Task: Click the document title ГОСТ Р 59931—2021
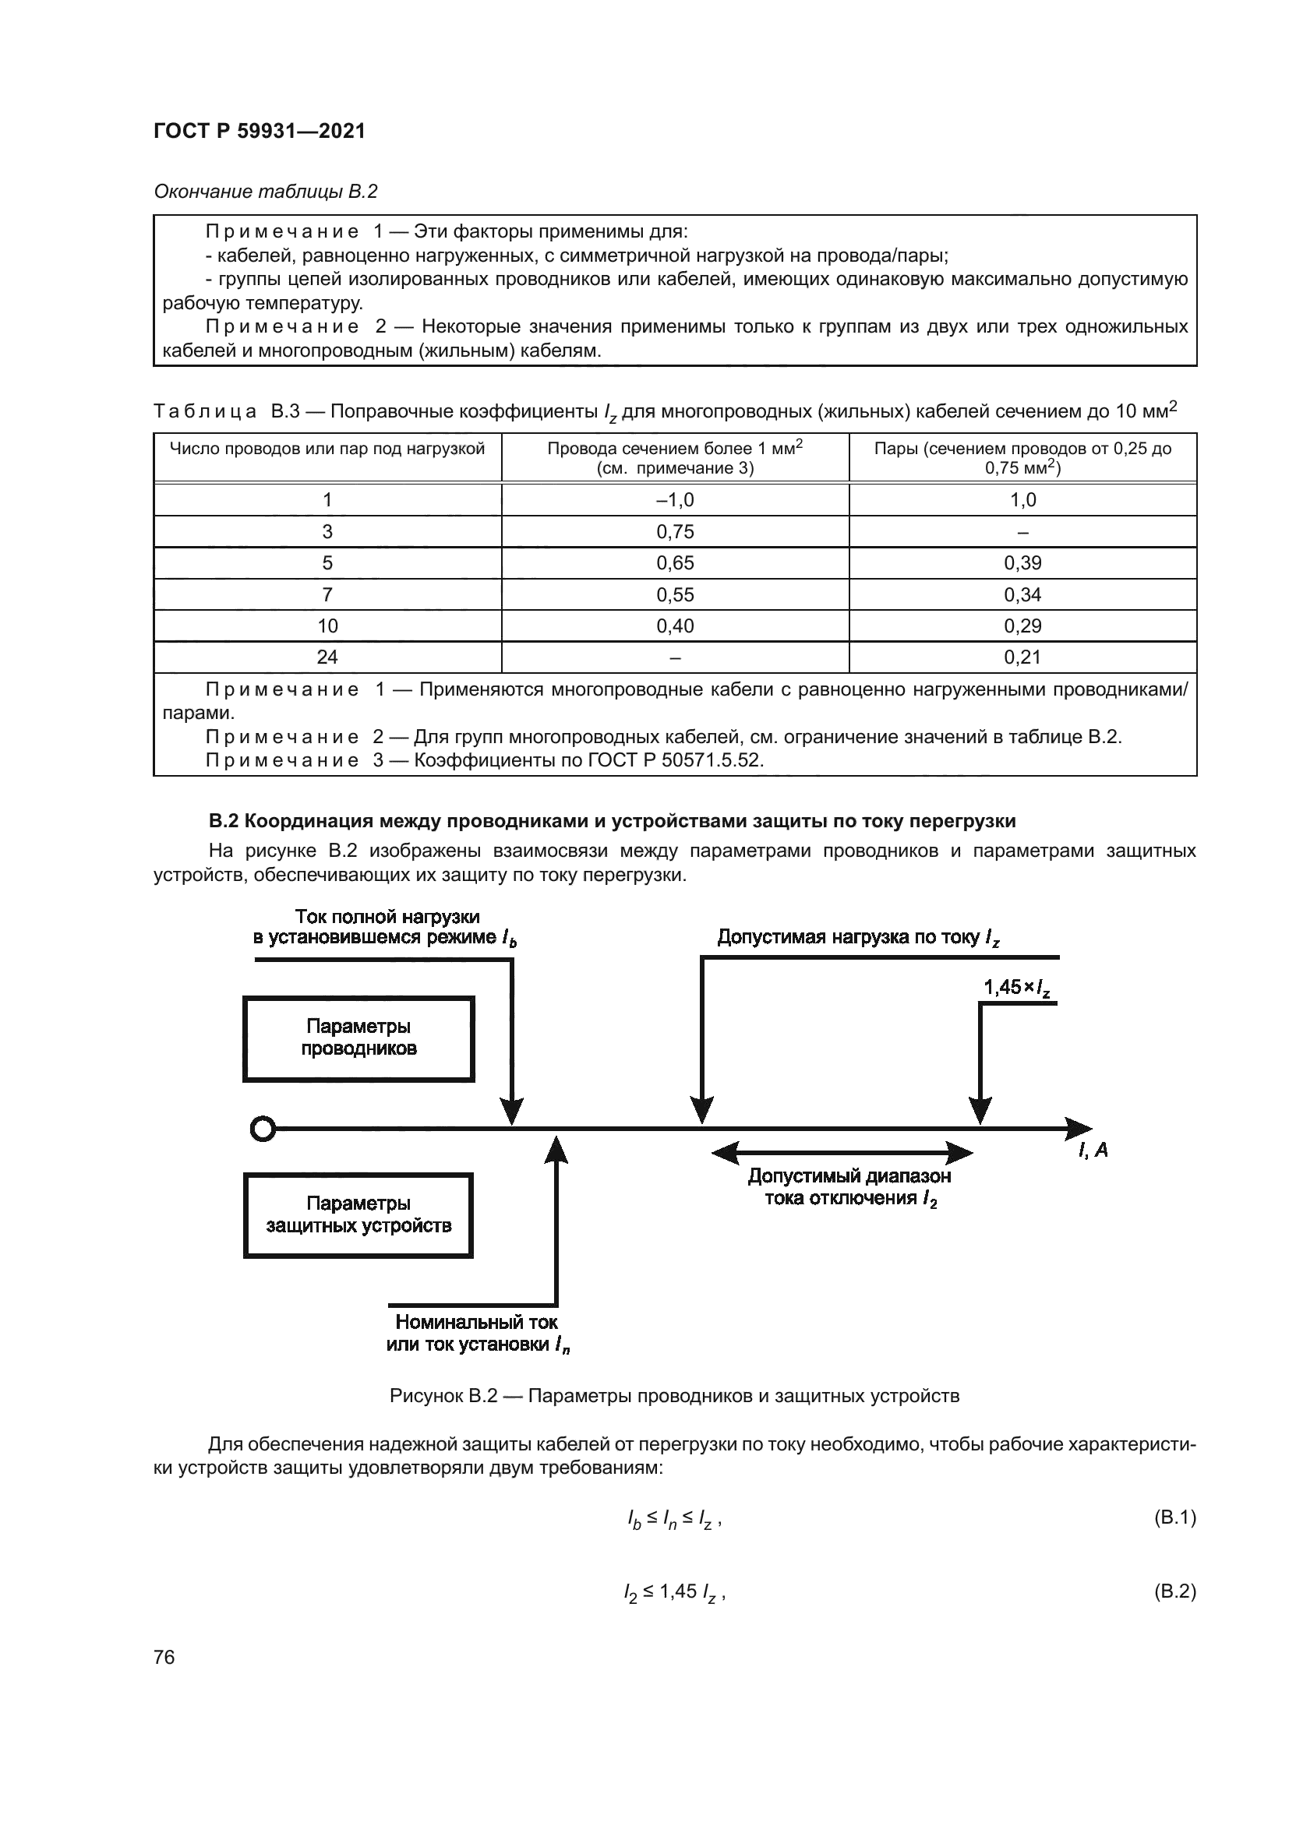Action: pyautogui.click(x=260, y=131)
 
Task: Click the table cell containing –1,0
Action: pyautogui.click(x=675, y=500)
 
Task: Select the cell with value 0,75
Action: pyautogui.click(x=675, y=532)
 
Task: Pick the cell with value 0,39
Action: pyautogui.click(x=1022, y=563)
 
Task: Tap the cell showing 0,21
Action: pyautogui.click(x=1022, y=657)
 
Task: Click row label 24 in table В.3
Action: pyautogui.click(x=327, y=657)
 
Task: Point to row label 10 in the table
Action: pyautogui.click(x=327, y=626)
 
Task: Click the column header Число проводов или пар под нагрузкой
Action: pyautogui.click(x=327, y=449)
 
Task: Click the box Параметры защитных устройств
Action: pyautogui.click(x=358, y=1215)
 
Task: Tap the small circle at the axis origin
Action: pyautogui.click(x=263, y=1129)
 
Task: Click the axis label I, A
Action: pyautogui.click(x=1092, y=1150)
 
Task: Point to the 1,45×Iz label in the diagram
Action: pyautogui.click(x=1018, y=988)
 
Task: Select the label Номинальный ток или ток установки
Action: pyautogui.click(x=477, y=1333)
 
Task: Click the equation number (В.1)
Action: pyautogui.click(x=1174, y=1518)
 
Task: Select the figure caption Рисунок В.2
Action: pyautogui.click(x=674, y=1396)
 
